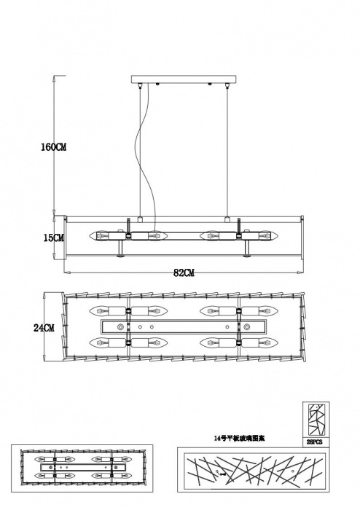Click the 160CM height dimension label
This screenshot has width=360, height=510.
(x=53, y=147)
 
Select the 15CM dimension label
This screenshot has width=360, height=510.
(x=52, y=238)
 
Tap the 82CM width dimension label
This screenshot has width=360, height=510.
(x=184, y=273)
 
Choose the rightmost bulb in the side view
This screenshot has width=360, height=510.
(x=266, y=236)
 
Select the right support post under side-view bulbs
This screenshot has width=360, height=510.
(x=247, y=250)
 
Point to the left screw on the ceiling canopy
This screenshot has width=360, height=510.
(x=157, y=85)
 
